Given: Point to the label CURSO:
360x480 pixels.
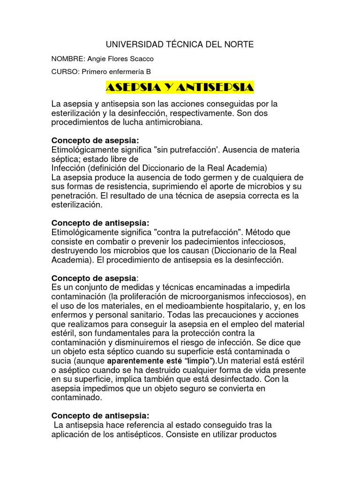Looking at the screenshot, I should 65,72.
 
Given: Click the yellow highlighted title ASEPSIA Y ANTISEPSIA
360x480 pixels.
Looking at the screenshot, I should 180,88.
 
